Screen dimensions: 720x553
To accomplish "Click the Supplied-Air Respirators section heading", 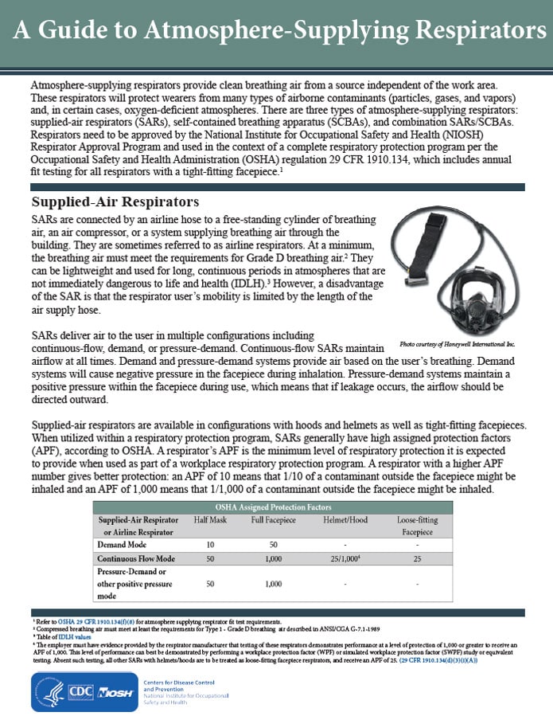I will coord(115,201).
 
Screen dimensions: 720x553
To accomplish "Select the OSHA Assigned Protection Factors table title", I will coord(272,507).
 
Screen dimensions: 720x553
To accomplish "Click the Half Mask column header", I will coord(211,519).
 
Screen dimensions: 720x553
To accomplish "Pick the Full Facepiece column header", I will coord(274,519).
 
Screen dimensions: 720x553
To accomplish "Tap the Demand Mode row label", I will coord(123,544).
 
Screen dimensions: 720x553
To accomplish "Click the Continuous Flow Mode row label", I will coord(136,559).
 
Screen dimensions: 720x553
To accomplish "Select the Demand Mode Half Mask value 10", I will coord(211,544).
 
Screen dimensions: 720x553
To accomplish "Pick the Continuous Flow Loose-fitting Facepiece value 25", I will coord(418,559).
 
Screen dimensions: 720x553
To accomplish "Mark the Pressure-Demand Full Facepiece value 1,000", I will coord(274,584).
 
